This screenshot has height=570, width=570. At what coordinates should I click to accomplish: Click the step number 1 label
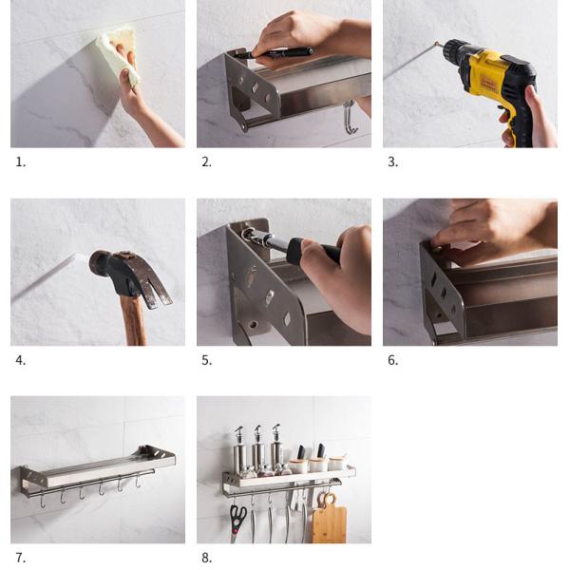click(21, 162)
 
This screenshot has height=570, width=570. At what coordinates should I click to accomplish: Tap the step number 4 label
click(20, 360)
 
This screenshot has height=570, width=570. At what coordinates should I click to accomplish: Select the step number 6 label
click(393, 360)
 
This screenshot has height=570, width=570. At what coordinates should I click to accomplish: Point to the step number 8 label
click(207, 558)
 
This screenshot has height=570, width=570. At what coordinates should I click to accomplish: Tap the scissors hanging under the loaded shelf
click(237, 522)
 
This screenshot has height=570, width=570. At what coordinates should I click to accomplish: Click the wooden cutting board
click(329, 519)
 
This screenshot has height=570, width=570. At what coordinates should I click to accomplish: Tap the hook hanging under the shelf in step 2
click(350, 117)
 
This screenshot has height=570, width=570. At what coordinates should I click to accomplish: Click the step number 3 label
click(393, 162)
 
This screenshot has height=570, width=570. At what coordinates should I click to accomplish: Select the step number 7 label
click(20, 558)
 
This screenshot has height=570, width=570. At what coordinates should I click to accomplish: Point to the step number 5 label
click(207, 360)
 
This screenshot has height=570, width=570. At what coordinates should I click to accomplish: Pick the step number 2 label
click(207, 162)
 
